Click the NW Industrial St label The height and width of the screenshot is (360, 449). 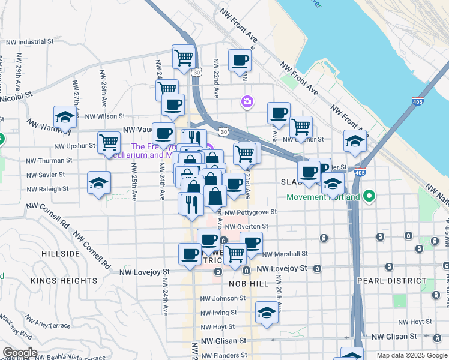point(30,43)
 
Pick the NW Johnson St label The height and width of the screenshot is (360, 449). point(223,298)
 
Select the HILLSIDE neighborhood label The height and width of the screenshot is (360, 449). point(61,254)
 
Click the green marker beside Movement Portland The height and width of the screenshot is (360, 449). point(370,196)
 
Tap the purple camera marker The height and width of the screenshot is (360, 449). point(247,102)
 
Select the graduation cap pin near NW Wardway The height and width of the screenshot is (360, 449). point(65,117)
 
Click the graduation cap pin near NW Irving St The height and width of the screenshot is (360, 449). point(267,313)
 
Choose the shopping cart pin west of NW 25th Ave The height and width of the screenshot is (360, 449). point(109,143)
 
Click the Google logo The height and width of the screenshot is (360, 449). point(20,353)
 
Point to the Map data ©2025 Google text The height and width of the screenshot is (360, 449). point(411,355)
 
